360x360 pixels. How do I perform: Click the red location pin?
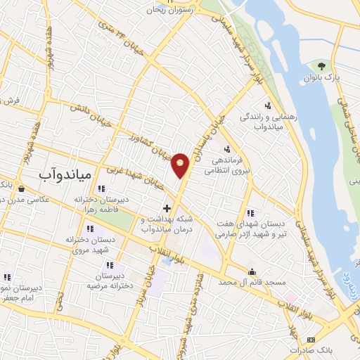(181, 165)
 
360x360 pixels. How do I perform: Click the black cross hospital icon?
(167, 208)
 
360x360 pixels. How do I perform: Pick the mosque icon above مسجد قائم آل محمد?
(252, 271)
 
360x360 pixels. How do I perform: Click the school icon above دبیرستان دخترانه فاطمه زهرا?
(101, 188)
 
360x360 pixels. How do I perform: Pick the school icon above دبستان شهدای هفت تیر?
(251, 213)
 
